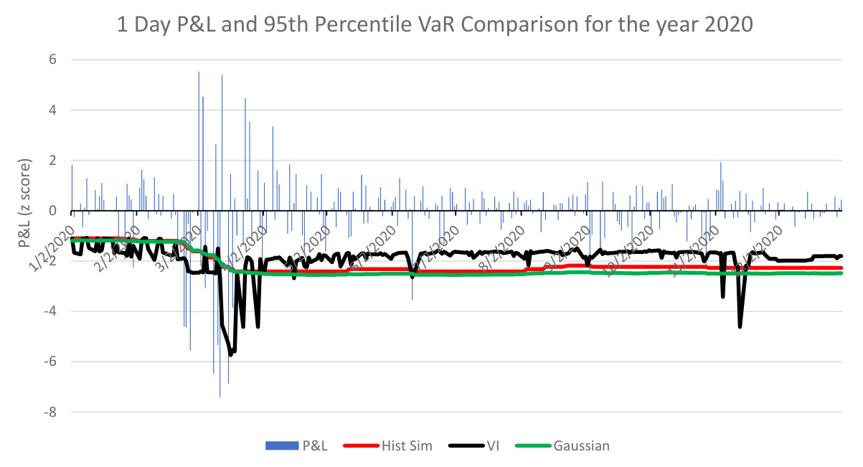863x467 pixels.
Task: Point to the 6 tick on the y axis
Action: pyautogui.click(x=52, y=60)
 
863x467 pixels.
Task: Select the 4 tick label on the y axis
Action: pyautogui.click(x=52, y=110)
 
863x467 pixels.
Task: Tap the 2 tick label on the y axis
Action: pyautogui.click(x=52, y=160)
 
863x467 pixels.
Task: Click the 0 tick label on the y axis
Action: pyautogui.click(x=52, y=210)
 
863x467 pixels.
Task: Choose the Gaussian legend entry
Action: pyautogui.click(x=581, y=445)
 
